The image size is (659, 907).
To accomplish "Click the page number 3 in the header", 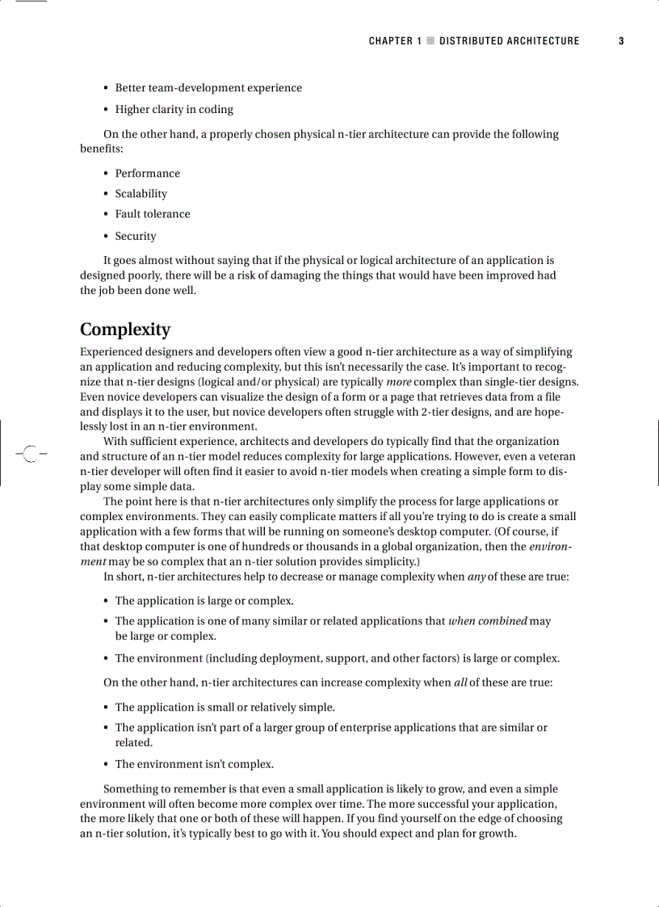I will pyautogui.click(x=621, y=41).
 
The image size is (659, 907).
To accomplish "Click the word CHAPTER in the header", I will pyautogui.click(x=391, y=41).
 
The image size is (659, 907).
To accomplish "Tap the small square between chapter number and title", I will pyautogui.click(x=430, y=41).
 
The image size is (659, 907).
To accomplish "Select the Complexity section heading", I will pyautogui.click(x=125, y=330).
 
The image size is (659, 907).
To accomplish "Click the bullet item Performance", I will pyautogui.click(x=147, y=174).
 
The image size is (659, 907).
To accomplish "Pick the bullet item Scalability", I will pyautogui.click(x=141, y=194).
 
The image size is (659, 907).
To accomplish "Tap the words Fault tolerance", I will pyautogui.click(x=153, y=214).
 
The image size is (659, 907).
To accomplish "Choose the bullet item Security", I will pyautogui.click(x=136, y=236).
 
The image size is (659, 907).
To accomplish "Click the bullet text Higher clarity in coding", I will pyautogui.click(x=174, y=110).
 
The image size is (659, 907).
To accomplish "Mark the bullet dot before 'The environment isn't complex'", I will pyautogui.click(x=107, y=764).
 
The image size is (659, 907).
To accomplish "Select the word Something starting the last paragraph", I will pyautogui.click(x=129, y=788).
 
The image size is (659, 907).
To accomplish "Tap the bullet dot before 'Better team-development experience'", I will pyautogui.click(x=107, y=88).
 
